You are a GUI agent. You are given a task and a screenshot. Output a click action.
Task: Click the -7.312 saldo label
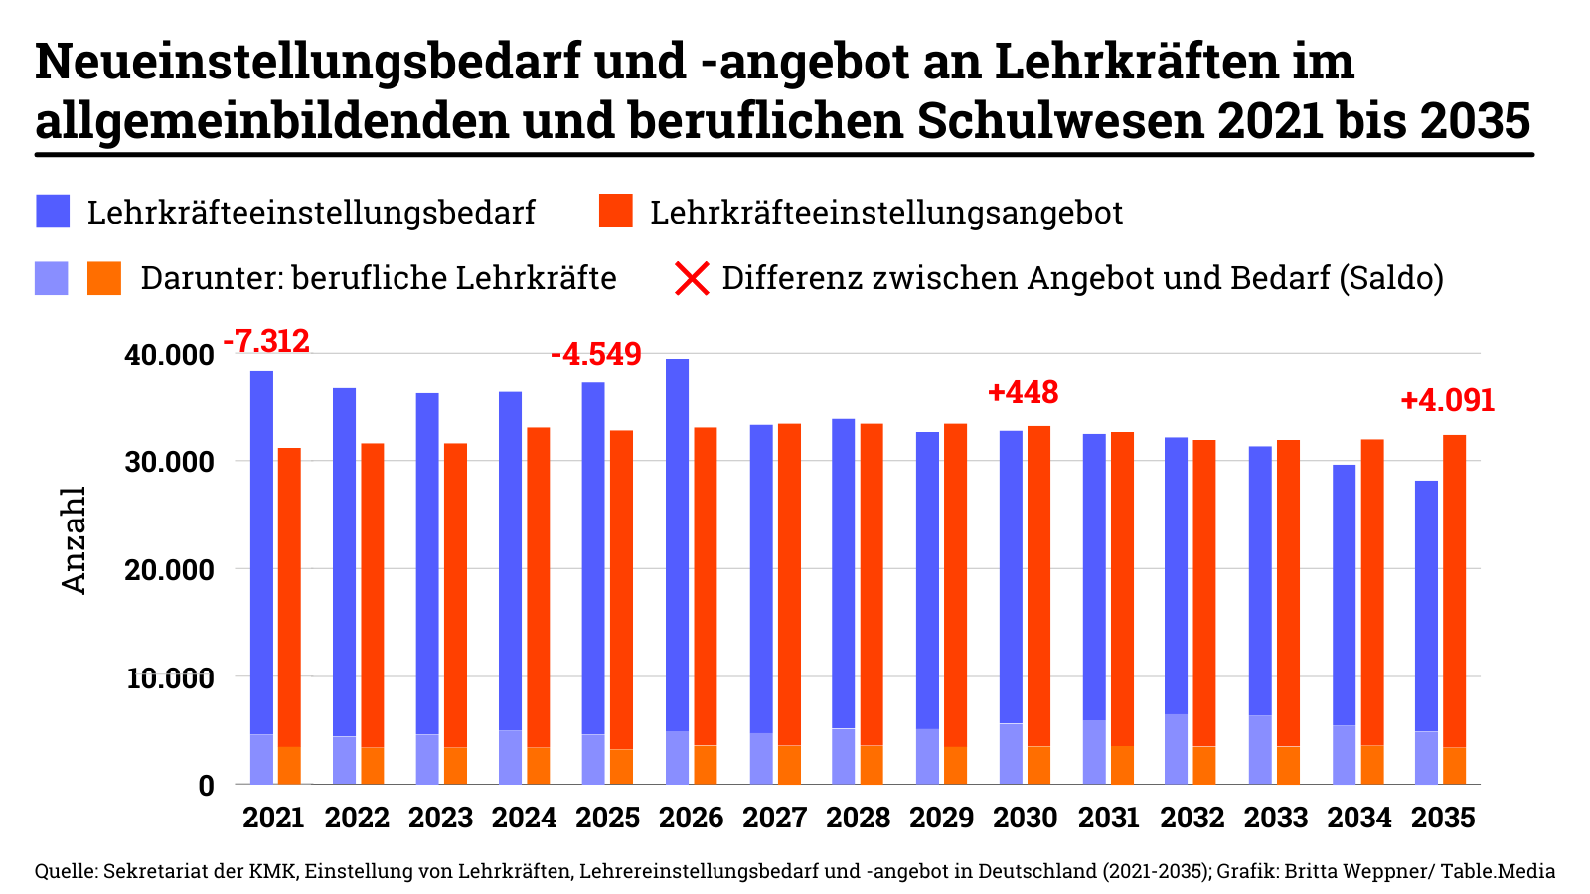point(266,342)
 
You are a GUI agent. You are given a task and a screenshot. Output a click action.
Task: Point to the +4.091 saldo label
point(1447,401)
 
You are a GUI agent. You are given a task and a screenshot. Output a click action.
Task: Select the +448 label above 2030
point(1023,393)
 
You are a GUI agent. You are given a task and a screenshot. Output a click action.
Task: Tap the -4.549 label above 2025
point(596,355)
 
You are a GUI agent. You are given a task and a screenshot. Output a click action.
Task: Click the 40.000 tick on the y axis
point(170,355)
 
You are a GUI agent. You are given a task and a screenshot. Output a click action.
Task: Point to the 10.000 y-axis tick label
point(170,678)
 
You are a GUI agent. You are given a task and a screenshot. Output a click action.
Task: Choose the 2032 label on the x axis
point(1192,818)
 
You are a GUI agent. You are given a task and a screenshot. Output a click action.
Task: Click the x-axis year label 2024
point(524,818)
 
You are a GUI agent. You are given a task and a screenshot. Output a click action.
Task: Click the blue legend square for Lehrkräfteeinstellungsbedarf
point(53,212)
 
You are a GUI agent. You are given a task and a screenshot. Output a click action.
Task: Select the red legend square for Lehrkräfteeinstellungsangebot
point(616,212)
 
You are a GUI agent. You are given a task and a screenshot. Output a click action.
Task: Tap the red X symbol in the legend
point(692,278)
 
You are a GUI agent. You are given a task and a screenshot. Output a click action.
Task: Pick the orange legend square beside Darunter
point(104,278)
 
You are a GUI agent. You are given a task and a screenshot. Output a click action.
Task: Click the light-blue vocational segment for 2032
point(1176,749)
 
